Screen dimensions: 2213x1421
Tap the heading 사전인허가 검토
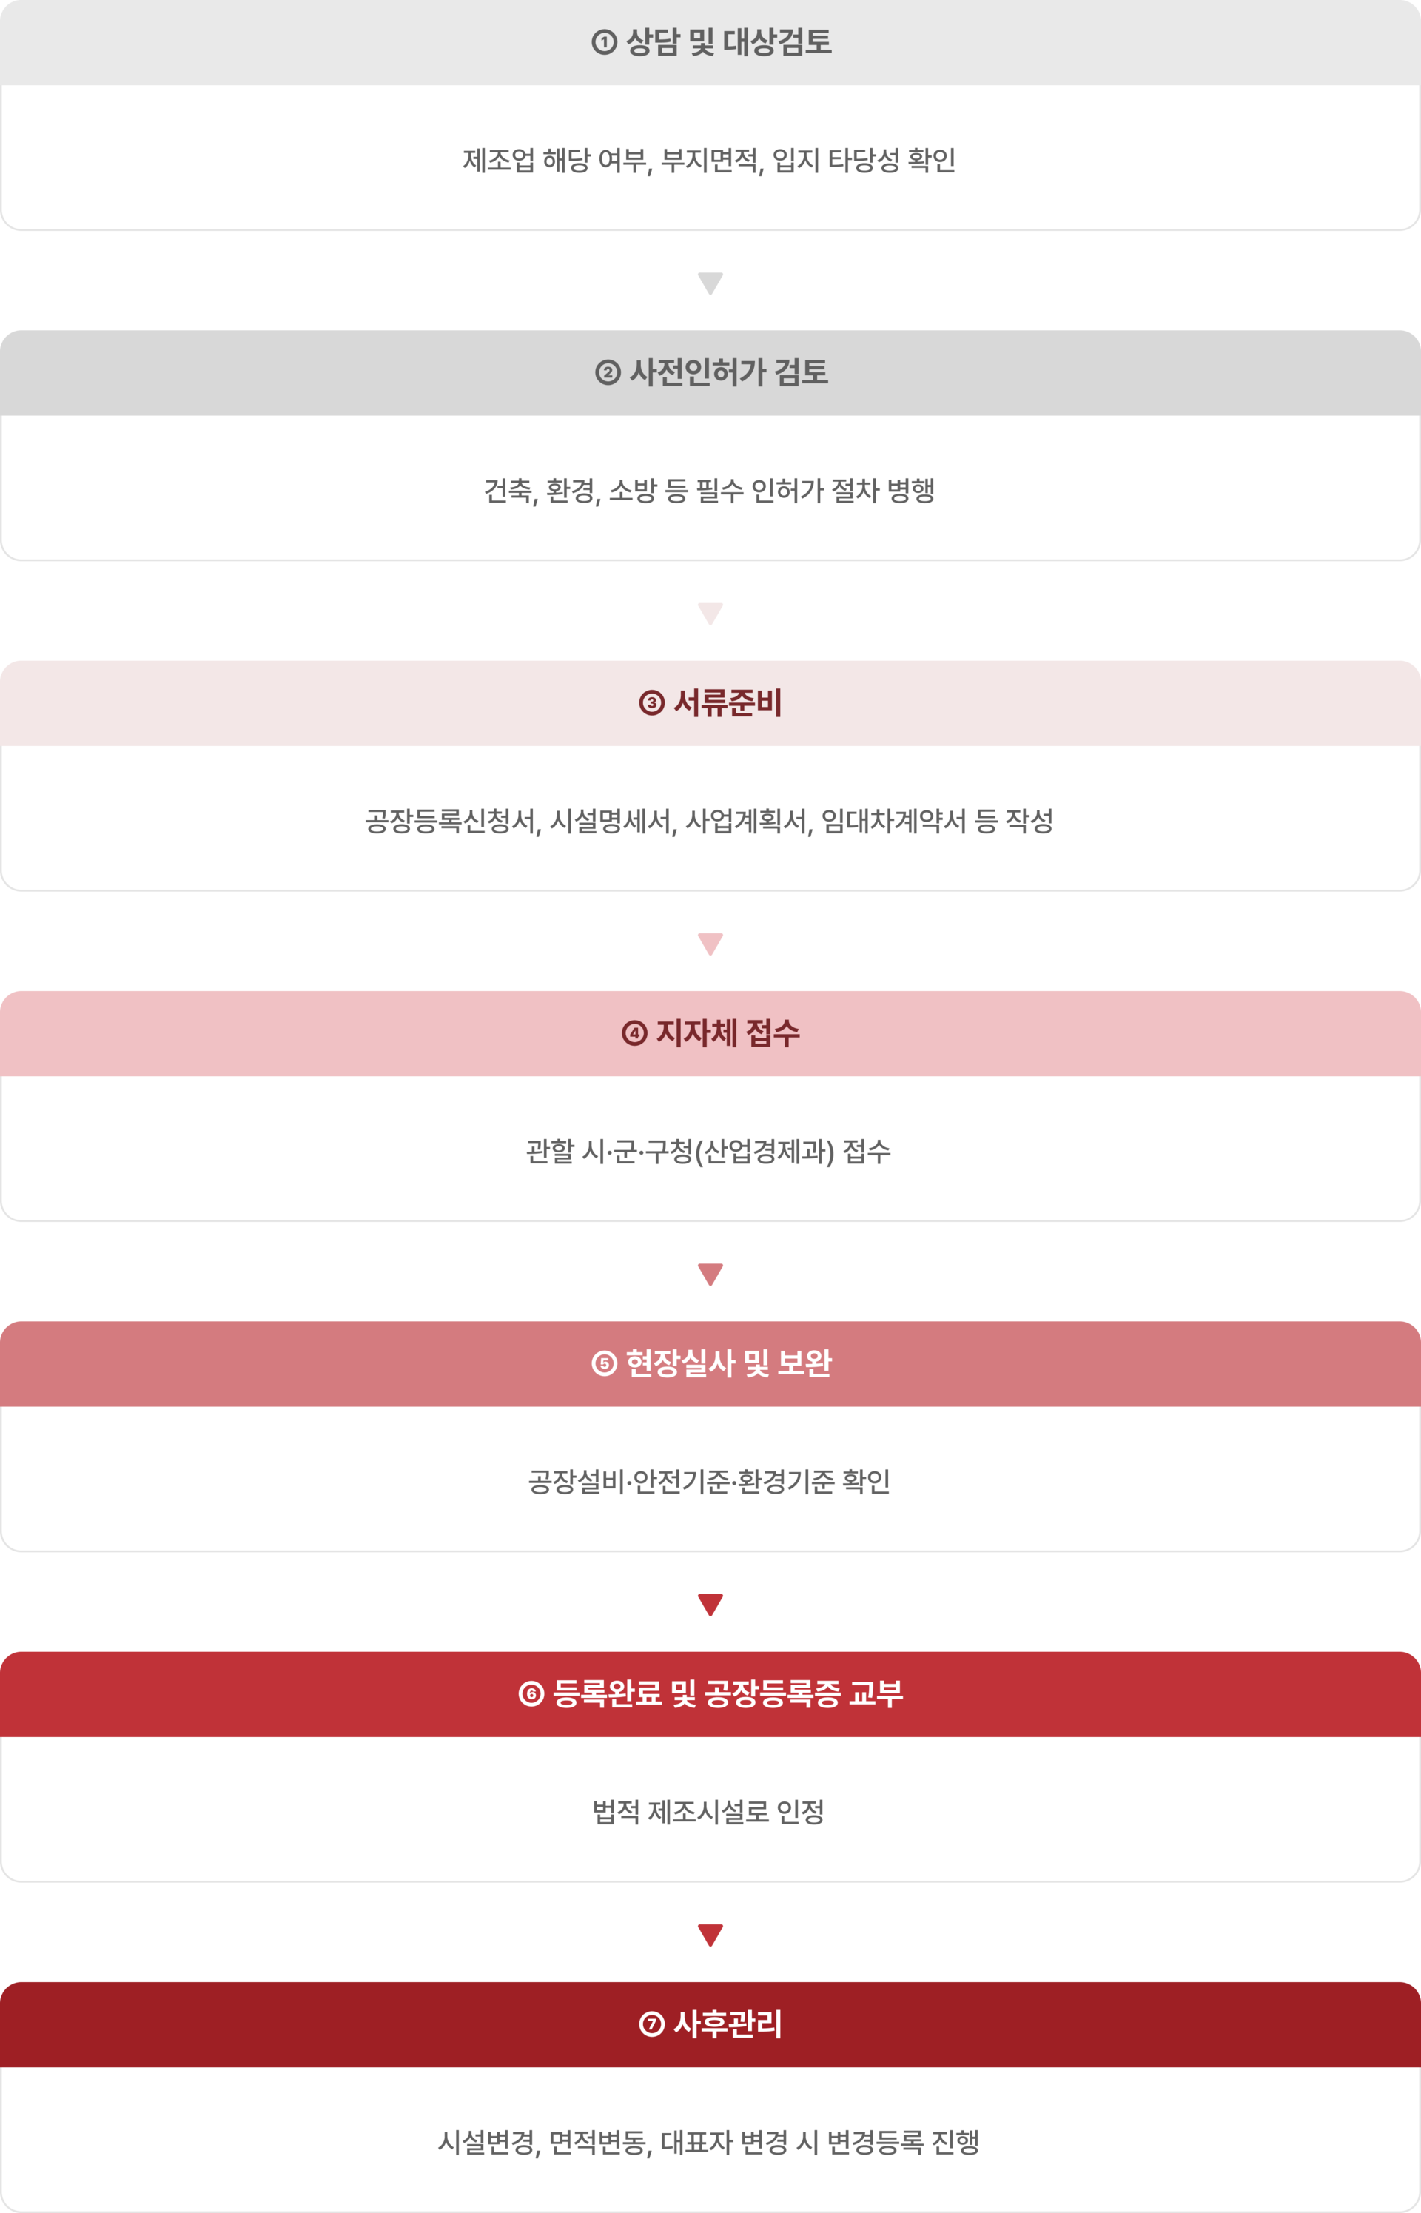pyautogui.click(x=728, y=373)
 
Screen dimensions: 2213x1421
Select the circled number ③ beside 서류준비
pyautogui.click(x=651, y=703)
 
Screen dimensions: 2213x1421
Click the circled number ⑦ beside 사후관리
pyautogui.click(x=651, y=2024)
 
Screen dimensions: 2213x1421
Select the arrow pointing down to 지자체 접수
pyautogui.click(x=710, y=944)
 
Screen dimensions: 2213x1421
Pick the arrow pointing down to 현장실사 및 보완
pyautogui.click(x=710, y=1274)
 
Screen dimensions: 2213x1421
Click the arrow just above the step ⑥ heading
pyautogui.click(x=710, y=1604)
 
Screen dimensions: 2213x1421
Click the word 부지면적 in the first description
pyautogui.click(x=710, y=161)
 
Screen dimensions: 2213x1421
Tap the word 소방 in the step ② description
pyautogui.click(x=631, y=491)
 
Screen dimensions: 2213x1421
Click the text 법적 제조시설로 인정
pyautogui.click(x=708, y=1812)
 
